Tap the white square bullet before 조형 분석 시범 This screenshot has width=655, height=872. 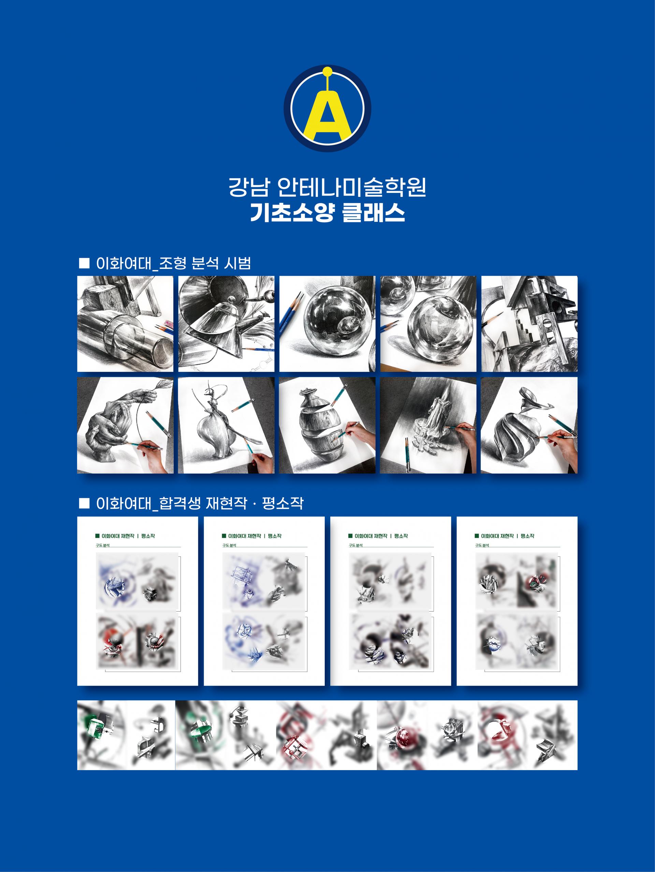click(x=84, y=263)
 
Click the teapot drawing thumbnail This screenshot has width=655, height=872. click(x=226, y=324)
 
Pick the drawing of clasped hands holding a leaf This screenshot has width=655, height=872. click(x=125, y=425)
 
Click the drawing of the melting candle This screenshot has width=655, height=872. click(x=428, y=425)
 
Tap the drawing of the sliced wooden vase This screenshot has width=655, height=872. click(x=327, y=425)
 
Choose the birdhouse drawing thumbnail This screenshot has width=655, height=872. click(x=529, y=324)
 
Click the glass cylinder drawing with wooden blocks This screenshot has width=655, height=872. click(x=125, y=324)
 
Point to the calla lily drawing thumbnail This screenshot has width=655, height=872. click(x=529, y=425)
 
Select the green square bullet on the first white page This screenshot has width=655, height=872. click(x=98, y=536)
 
